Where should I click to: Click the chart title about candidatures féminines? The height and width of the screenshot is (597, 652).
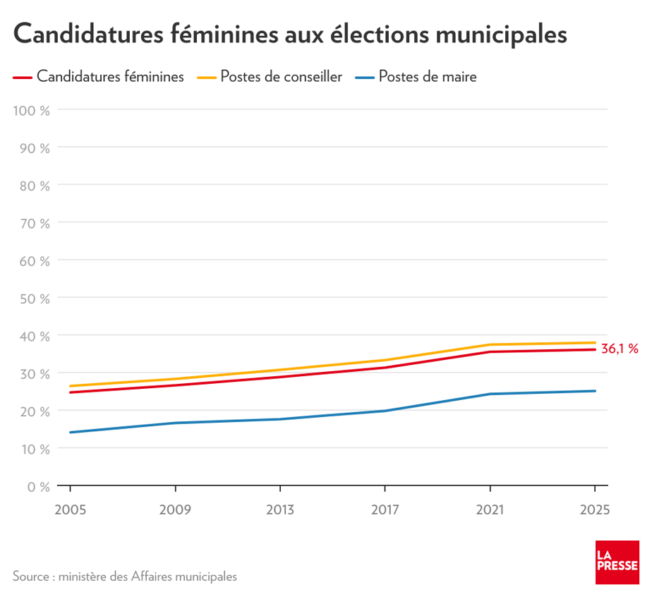[x=289, y=33]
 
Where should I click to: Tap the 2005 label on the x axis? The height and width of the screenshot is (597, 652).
[x=69, y=509]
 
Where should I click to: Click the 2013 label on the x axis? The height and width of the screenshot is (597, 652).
[x=280, y=509]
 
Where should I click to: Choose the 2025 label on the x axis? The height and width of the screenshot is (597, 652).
[x=595, y=509]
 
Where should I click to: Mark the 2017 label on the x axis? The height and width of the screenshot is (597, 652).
[x=385, y=509]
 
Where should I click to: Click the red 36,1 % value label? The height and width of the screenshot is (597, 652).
[x=620, y=349]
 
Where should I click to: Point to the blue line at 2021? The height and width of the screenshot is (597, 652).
[x=490, y=394]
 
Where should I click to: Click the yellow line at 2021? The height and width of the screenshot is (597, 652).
[x=490, y=344]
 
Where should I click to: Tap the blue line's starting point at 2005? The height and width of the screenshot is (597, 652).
[x=70, y=433]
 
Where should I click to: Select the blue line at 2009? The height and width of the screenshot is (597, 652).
[x=175, y=423]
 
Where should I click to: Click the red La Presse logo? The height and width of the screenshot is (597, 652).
[x=617, y=562]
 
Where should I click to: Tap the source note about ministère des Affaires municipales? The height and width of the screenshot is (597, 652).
[x=125, y=577]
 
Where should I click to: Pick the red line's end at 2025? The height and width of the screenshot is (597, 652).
[x=595, y=349]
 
